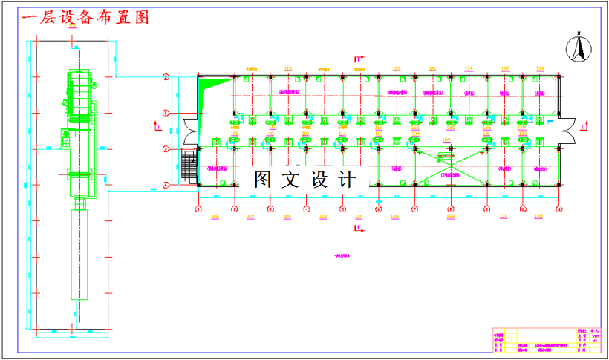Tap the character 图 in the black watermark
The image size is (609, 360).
point(262,179)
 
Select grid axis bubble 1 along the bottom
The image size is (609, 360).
point(198,209)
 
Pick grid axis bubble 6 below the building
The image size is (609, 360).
point(378,209)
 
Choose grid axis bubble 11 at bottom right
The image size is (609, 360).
point(558,209)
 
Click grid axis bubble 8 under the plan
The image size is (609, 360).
point(450,209)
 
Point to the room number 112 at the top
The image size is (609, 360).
point(288,68)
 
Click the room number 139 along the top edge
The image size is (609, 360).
point(540,68)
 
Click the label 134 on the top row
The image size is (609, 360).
point(468,68)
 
